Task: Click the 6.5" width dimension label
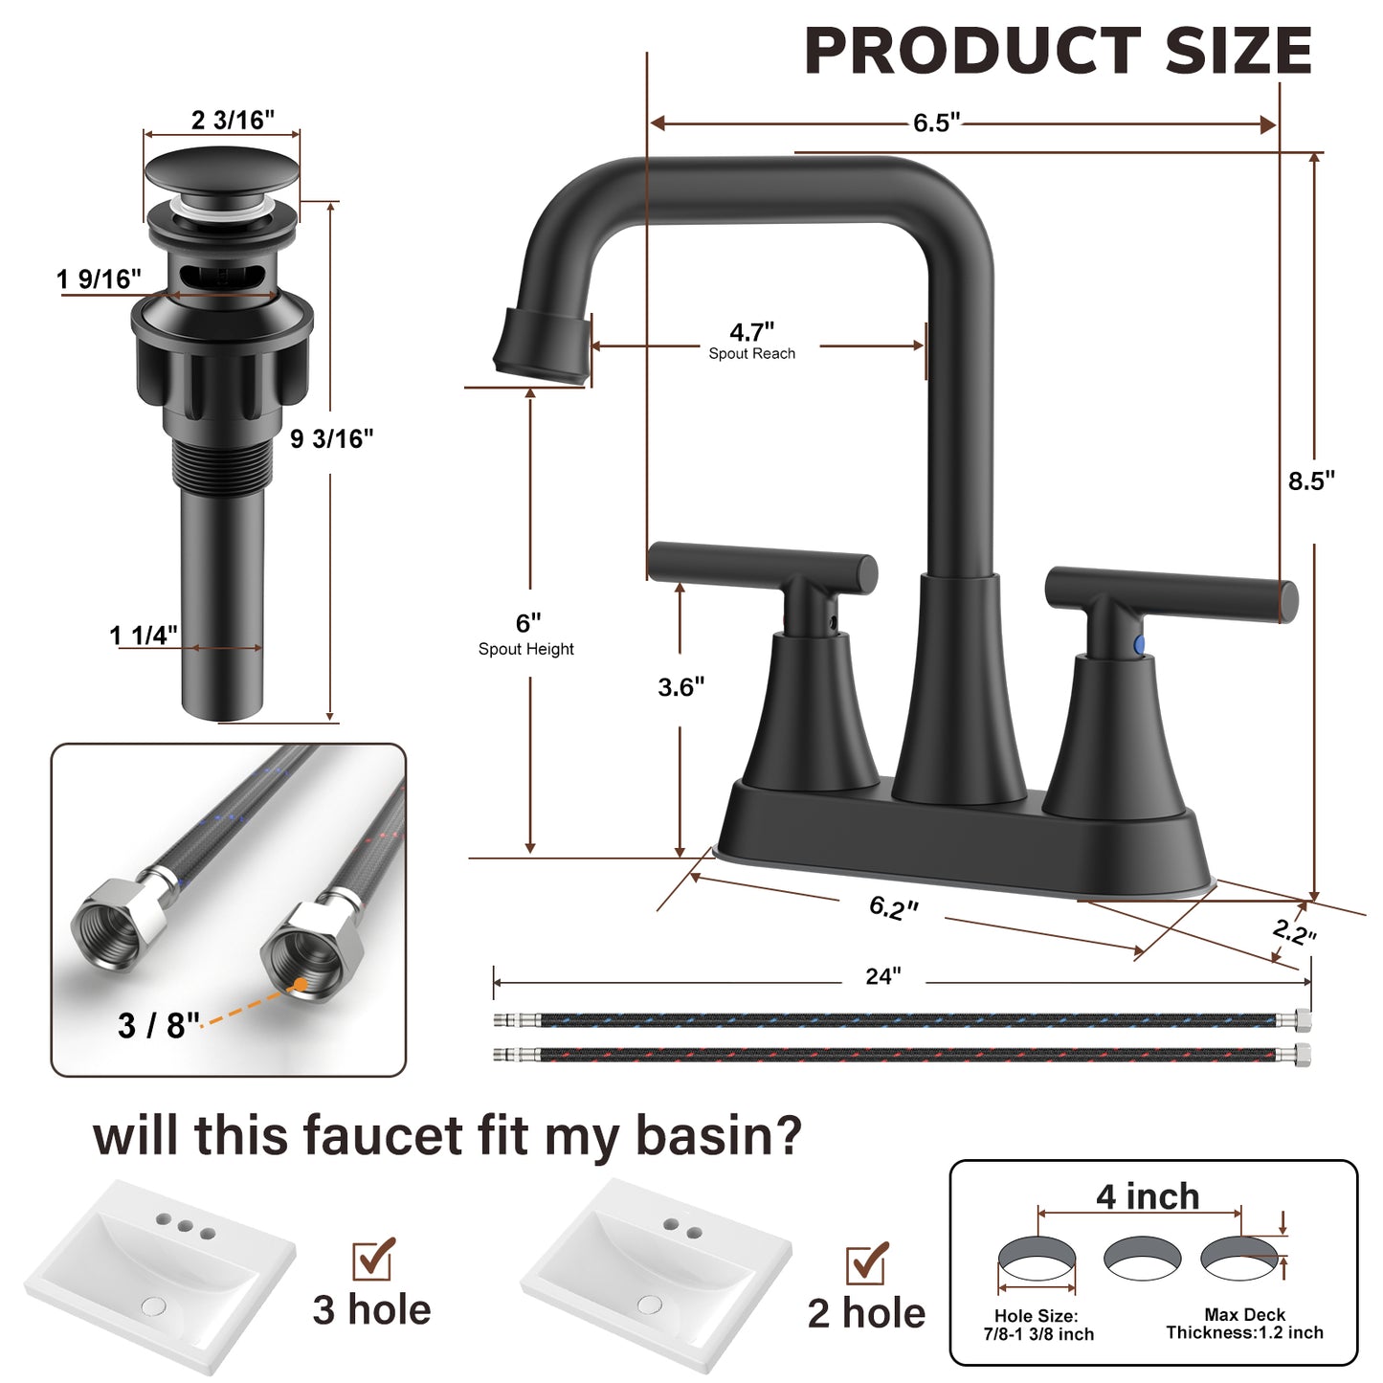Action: coord(935,123)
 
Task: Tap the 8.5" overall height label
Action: coord(1310,480)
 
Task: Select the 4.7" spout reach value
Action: coord(751,332)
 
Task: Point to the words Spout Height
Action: coord(526,649)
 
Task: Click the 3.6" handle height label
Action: coord(680,686)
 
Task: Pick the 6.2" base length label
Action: coord(893,907)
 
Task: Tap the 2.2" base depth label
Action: coord(1294,930)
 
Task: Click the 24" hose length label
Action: coord(882,976)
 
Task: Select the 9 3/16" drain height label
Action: coord(331,438)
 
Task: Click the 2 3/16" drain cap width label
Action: coord(233,120)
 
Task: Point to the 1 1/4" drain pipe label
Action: coord(143,636)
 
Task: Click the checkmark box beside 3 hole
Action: coord(373,1259)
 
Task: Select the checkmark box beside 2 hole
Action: coord(866,1263)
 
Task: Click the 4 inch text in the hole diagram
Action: coord(1147,1196)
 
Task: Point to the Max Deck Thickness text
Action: coord(1244,1324)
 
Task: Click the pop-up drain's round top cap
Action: coord(221,173)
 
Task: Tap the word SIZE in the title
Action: coord(1238,51)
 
